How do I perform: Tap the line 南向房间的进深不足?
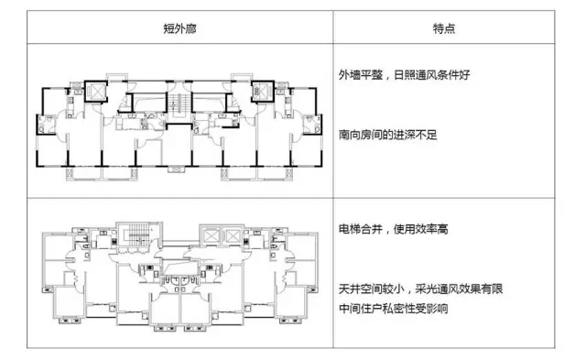[x=395, y=134]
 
